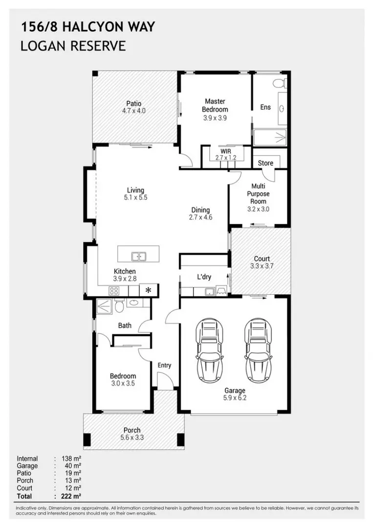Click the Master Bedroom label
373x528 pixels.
(215, 106)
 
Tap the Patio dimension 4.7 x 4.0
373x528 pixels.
(133, 111)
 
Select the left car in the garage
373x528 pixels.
(210, 351)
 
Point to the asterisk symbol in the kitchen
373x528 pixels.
(149, 290)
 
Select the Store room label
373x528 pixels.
(266, 163)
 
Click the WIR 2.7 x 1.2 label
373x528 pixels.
(225, 155)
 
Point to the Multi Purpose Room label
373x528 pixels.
(258, 194)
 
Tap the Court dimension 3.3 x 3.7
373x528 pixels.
(262, 266)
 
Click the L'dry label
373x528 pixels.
(204, 277)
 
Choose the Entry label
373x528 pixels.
(164, 365)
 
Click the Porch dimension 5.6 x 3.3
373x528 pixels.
(132, 438)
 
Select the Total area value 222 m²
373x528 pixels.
(71, 496)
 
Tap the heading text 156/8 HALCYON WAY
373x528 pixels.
(88, 27)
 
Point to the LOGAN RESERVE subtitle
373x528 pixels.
(73, 46)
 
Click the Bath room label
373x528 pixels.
(125, 325)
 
